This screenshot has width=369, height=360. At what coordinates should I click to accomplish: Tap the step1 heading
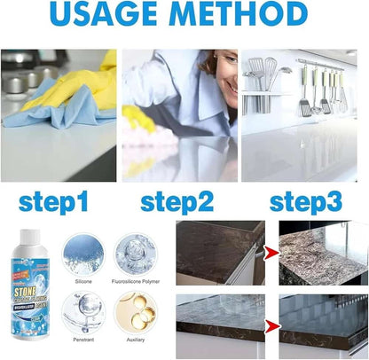pos(52,202)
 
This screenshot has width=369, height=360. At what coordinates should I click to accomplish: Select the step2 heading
pos(177,202)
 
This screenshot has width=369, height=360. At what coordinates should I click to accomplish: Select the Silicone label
pos(82,278)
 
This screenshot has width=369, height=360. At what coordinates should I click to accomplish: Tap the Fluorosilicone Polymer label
pos(137,278)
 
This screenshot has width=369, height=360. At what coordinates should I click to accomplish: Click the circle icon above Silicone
pos(82,253)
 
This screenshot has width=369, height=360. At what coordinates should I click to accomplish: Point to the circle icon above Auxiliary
pos(137,311)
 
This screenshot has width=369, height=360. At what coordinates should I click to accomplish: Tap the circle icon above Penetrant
pos(82,311)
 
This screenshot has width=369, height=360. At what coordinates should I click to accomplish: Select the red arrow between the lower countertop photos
pos(271,327)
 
